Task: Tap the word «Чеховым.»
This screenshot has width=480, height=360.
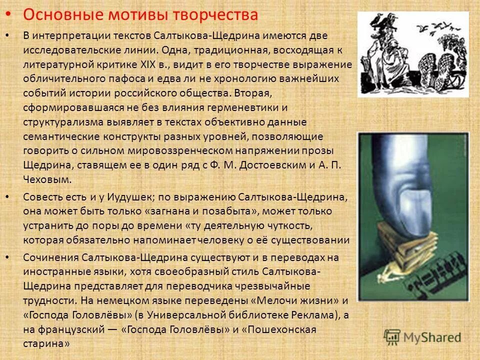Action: click(x=48, y=179)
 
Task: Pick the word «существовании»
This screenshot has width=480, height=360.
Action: click(x=315, y=240)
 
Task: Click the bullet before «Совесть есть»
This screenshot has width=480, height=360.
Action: click(x=6, y=197)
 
